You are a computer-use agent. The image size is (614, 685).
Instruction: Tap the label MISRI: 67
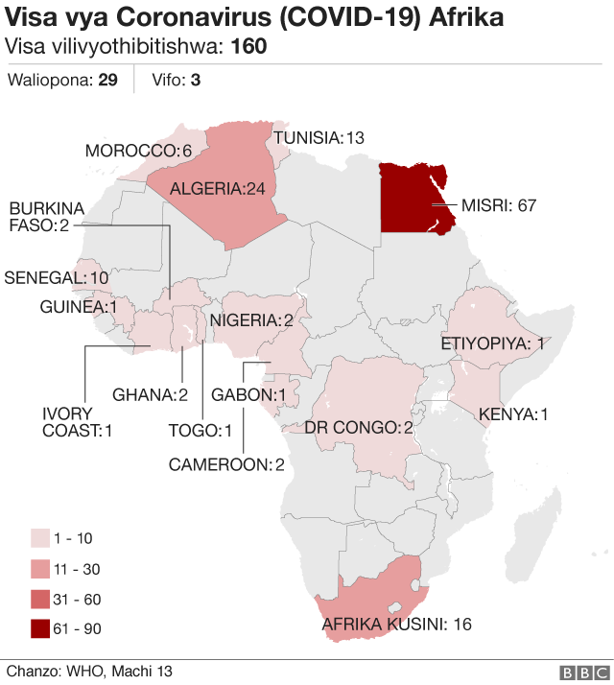498,205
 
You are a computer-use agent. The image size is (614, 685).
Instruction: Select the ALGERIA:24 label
217,189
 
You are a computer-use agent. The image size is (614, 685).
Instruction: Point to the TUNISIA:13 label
319,138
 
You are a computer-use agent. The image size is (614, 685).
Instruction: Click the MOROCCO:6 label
139,151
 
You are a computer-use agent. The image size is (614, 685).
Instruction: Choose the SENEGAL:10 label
57,277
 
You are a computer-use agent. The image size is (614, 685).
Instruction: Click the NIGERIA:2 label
252,320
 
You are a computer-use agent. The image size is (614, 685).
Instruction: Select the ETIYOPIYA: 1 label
492,342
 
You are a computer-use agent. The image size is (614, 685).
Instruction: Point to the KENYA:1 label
513,414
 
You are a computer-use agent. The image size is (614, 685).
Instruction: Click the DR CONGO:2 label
359,426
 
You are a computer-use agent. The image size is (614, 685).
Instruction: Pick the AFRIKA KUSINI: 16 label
396,625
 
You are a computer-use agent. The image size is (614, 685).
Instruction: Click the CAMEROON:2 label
226,465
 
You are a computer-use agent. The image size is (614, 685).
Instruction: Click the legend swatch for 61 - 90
41,629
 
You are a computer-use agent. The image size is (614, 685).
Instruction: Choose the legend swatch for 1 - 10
41,537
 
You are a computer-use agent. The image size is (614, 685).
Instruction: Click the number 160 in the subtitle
249,47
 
